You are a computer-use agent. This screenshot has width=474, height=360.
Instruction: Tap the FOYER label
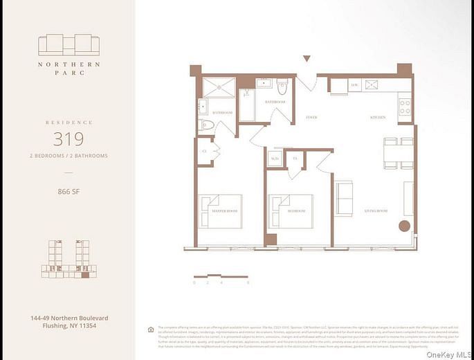click(x=311, y=118)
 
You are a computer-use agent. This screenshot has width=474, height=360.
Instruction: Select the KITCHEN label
click(x=377, y=118)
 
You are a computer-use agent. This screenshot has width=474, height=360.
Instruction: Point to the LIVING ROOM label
click(x=377, y=210)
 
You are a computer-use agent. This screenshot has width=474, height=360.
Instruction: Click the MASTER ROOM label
click(x=225, y=210)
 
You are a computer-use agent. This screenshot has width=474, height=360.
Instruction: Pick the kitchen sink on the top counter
click(x=372, y=85)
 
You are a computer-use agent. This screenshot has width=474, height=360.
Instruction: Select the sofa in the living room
click(x=343, y=199)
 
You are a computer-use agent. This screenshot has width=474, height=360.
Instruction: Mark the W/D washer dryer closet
click(x=275, y=159)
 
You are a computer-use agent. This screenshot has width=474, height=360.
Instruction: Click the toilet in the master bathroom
click(x=207, y=125)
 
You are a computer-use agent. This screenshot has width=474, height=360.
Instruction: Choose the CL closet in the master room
click(x=205, y=151)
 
